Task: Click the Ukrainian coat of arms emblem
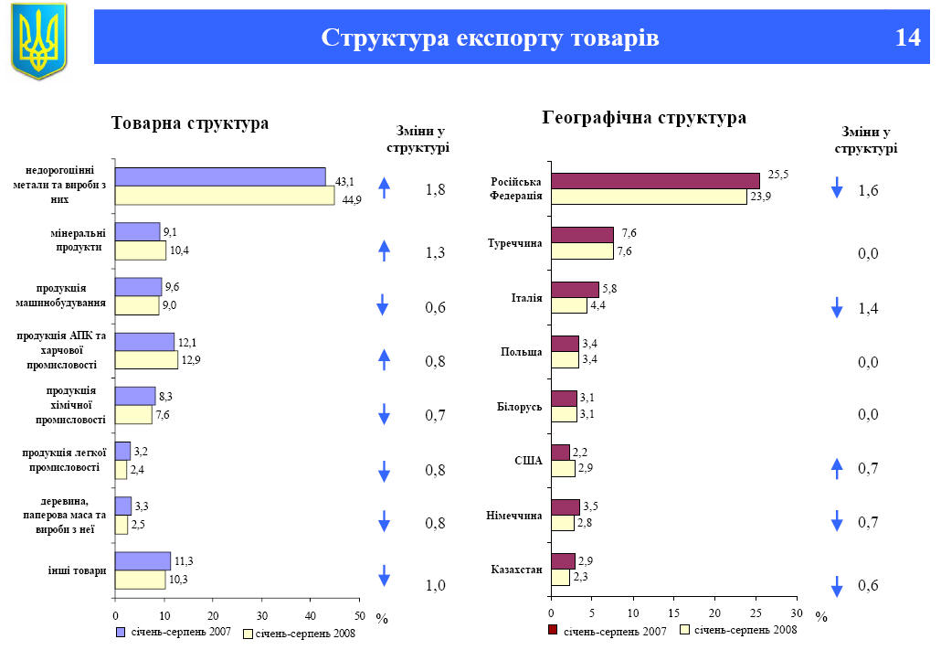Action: pyautogui.click(x=38, y=40)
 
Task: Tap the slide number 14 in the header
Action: pyautogui.click(x=907, y=37)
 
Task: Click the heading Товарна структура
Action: pyautogui.click(x=190, y=123)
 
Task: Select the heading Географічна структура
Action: pyautogui.click(x=644, y=118)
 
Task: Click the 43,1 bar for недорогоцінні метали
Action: pyautogui.click(x=220, y=177)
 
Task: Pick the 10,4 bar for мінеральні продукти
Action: pyautogui.click(x=141, y=250)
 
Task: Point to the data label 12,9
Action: pyautogui.click(x=189, y=359)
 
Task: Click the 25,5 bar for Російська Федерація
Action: pyautogui.click(x=655, y=181)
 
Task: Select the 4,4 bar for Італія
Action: pyautogui.click(x=569, y=305)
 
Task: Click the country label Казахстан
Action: pyautogui.click(x=517, y=570)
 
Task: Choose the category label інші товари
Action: pyautogui.click(x=78, y=570)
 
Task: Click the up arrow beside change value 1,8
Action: pyautogui.click(x=385, y=188)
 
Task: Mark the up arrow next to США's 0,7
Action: pyautogui.click(x=836, y=468)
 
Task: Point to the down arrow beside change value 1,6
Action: pyautogui.click(x=836, y=188)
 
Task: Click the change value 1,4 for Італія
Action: pyautogui.click(x=868, y=310)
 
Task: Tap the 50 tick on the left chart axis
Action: pyautogui.click(x=359, y=615)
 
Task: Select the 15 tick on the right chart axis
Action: pyautogui.click(x=673, y=613)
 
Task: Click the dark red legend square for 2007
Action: pyautogui.click(x=553, y=630)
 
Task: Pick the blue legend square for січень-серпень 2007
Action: pyautogui.click(x=121, y=632)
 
